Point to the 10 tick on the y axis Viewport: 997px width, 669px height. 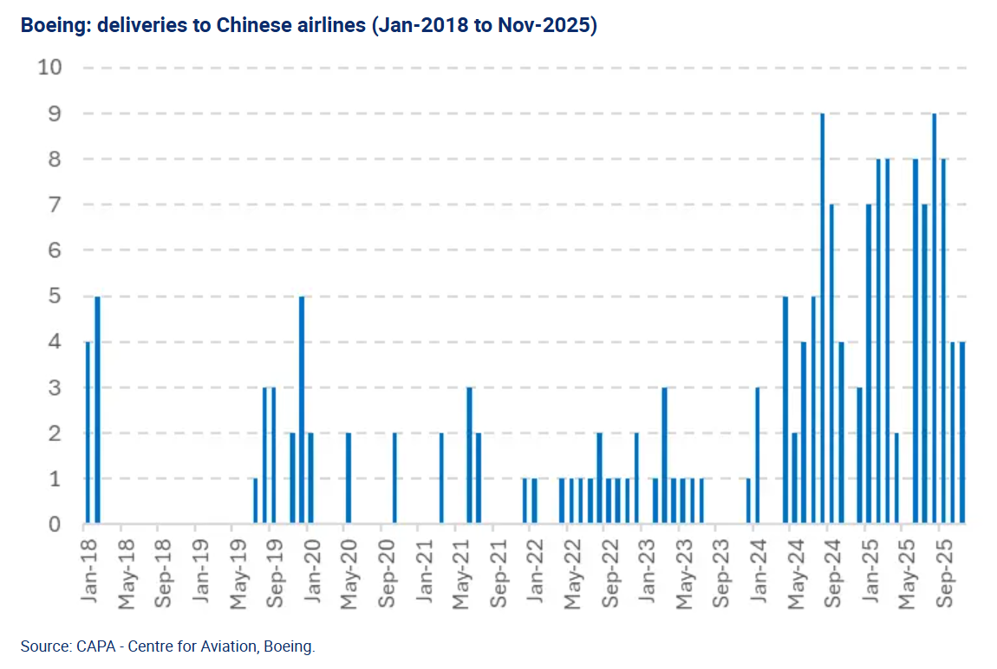[50, 68]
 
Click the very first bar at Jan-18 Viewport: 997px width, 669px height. [88, 433]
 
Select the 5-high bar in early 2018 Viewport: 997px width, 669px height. [97, 411]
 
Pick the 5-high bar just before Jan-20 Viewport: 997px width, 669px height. [302, 411]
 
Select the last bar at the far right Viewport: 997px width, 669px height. [961, 433]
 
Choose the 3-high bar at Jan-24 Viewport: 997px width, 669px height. [758, 456]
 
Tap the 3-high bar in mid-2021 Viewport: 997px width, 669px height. [469, 456]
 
